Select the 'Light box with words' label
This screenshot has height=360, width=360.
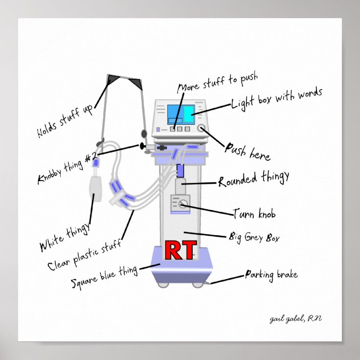[277, 97]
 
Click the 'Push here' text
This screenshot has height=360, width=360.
[247, 150]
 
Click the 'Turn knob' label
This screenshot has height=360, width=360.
[257, 214]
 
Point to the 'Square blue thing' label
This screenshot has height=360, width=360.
[104, 277]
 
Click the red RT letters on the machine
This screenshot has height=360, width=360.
[180, 250]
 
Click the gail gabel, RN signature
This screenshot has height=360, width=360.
[295, 319]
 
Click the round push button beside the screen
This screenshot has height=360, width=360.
[202, 129]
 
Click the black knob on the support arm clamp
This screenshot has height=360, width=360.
[142, 146]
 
